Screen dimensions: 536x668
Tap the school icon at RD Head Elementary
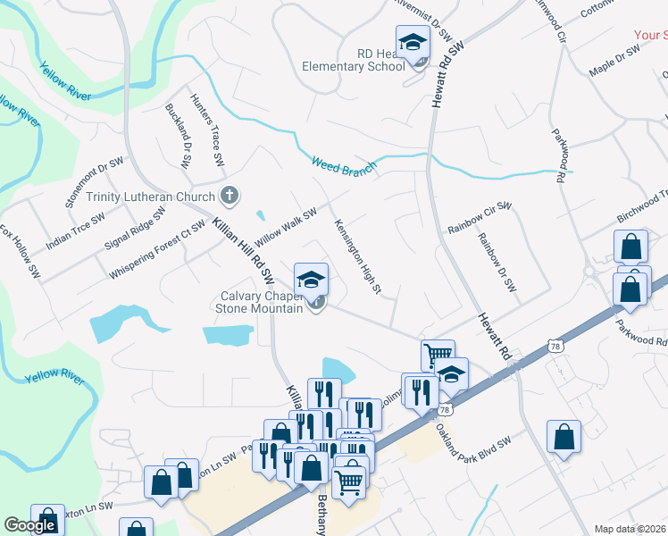[x=413, y=43]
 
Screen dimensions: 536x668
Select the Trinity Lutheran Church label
[x=151, y=197]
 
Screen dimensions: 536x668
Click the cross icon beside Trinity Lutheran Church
[x=230, y=194]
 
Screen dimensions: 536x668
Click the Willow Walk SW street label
[x=286, y=227]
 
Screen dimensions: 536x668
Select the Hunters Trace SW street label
[x=205, y=131]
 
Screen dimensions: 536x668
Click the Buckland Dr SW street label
[x=179, y=137]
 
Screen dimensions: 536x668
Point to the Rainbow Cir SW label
[x=479, y=219]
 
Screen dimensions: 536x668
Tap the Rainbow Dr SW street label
[x=497, y=263]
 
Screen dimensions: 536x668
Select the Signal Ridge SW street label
[x=136, y=230]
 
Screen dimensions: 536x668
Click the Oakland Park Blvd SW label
[x=472, y=437]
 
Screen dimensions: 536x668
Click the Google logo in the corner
[x=30, y=525]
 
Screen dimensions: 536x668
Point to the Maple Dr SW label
[x=614, y=63]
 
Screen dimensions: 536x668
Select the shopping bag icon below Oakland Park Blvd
[x=564, y=437]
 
